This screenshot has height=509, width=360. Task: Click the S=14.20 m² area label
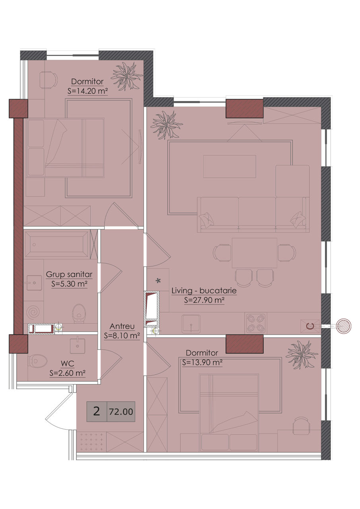[x=88, y=91]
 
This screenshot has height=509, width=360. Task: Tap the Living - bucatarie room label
[x=204, y=291]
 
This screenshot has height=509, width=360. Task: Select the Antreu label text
[x=122, y=326]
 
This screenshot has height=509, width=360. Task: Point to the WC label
[x=68, y=364]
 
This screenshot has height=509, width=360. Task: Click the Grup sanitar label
[x=69, y=274]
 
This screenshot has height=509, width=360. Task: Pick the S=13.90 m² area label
[x=202, y=362]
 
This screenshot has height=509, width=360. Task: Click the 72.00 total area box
[x=121, y=412]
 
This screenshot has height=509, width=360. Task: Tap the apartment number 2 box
[x=97, y=412]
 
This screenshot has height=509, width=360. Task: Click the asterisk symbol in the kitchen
[x=158, y=281]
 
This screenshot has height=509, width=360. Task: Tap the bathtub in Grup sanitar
[x=56, y=245]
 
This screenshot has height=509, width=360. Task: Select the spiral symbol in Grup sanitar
[x=33, y=313]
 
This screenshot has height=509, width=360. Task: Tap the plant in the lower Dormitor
[x=302, y=355]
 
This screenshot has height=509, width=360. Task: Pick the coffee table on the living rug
[x=230, y=166]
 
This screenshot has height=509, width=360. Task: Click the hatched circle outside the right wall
[x=344, y=326]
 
